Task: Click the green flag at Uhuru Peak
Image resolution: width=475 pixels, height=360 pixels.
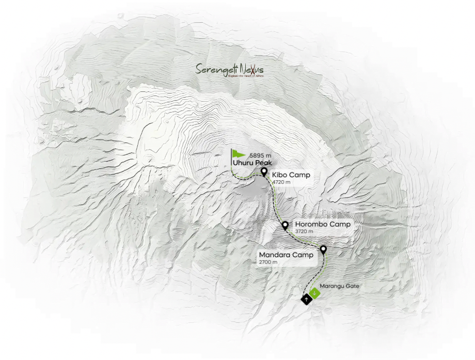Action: [x=239, y=153]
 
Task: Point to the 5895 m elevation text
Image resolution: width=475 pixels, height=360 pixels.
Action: [x=260, y=155]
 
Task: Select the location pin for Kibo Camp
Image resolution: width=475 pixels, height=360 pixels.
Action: [x=264, y=171]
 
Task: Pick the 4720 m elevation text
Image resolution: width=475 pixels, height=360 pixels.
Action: [x=281, y=182]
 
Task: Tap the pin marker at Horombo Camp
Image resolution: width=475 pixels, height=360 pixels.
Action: [x=285, y=225]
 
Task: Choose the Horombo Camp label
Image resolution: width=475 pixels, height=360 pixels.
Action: [x=322, y=225]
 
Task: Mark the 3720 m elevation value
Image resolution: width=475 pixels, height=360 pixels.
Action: [x=304, y=232]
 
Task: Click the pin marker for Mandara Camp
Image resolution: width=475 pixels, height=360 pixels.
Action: [x=323, y=249]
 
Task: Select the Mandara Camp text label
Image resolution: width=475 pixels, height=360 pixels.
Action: [x=286, y=255]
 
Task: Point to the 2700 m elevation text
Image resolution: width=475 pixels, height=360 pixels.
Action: [x=268, y=262]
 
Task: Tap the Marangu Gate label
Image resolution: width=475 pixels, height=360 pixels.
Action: [x=339, y=286]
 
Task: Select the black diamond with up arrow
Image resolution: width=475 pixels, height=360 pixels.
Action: [x=306, y=299]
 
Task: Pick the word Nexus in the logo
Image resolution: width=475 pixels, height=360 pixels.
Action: [x=253, y=69]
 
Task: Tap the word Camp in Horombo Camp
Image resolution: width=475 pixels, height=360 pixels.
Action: [x=341, y=225]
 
